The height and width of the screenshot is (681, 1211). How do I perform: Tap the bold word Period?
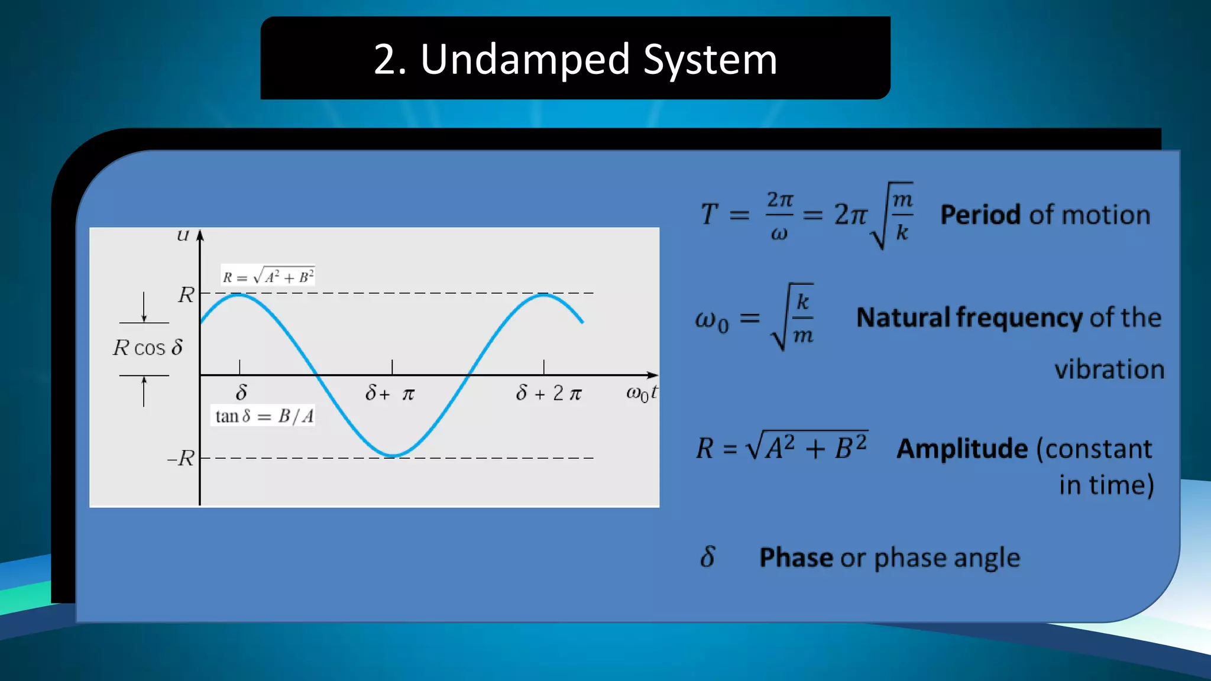point(980,215)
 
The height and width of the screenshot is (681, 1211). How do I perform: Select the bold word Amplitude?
point(962,449)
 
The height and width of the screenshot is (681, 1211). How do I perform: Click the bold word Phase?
point(796,557)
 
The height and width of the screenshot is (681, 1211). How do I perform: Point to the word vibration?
point(1109,369)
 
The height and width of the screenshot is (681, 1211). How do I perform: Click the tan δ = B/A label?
point(264,416)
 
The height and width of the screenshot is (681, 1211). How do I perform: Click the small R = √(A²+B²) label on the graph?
point(268,277)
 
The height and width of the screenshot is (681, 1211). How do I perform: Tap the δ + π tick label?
point(390,393)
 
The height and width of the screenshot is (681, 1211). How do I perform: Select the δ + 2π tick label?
point(549,393)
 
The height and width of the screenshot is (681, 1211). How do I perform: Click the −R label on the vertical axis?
point(181,458)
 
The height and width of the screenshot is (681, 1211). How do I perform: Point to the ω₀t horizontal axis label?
point(641,393)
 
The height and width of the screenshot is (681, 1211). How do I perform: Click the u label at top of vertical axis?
point(183,236)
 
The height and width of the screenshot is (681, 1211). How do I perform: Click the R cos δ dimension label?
point(148,348)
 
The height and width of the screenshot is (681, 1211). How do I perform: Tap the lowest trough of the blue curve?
point(392,456)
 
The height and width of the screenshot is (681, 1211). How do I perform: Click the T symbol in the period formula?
point(709,214)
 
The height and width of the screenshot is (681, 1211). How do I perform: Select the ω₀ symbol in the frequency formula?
point(711,320)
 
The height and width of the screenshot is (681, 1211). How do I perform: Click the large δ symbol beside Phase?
point(707,557)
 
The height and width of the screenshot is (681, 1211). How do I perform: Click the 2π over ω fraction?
point(779,216)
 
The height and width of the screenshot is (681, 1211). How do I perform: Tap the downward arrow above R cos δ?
point(144,307)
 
